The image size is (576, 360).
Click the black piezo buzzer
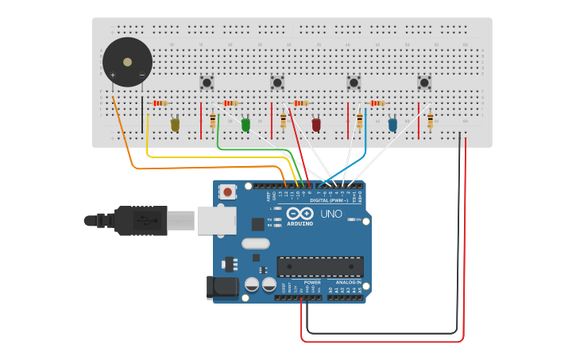pyautogui.click(x=127, y=62)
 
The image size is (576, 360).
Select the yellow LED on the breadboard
pyautogui.click(x=176, y=124)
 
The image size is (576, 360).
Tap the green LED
pyautogui.click(x=245, y=124)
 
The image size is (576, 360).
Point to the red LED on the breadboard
pyautogui.click(x=316, y=124)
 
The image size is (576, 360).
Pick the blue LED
pyautogui.click(x=392, y=124)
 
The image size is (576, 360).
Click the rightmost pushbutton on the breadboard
pyautogui.click(x=424, y=82)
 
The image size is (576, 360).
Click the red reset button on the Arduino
pyautogui.click(x=228, y=192)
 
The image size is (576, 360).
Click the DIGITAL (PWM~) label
pyautogui.click(x=331, y=200)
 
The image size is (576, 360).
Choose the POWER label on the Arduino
pyautogui.click(x=312, y=282)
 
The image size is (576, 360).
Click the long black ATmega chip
pyautogui.click(x=320, y=266)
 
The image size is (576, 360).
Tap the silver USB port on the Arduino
pyautogui.click(x=216, y=220)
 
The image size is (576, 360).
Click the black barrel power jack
pyautogui.click(x=223, y=287)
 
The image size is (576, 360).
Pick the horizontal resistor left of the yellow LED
pyautogui.click(x=160, y=103)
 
